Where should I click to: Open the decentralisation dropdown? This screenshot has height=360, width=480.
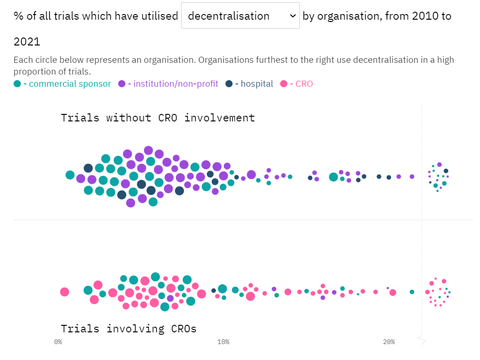click(x=240, y=15)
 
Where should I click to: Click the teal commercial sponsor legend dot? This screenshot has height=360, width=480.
click(x=17, y=84)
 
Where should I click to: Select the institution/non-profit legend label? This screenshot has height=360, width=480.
click(x=175, y=84)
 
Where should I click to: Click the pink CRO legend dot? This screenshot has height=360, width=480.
click(x=283, y=84)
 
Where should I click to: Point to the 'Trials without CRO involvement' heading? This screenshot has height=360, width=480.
click(x=158, y=118)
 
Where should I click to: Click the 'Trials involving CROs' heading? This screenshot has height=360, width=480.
click(x=129, y=329)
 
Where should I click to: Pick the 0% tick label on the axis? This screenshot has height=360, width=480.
click(x=58, y=342)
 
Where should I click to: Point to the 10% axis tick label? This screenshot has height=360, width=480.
click(x=223, y=342)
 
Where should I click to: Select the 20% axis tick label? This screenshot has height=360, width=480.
click(x=389, y=342)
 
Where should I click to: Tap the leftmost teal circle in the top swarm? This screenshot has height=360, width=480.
click(x=70, y=175)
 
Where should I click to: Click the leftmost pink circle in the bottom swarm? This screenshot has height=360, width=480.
click(x=65, y=292)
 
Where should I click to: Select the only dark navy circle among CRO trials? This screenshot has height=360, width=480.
click(x=213, y=291)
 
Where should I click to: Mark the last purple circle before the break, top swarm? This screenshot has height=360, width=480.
click(x=412, y=177)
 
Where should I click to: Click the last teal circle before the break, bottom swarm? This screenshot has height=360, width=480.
click(x=412, y=292)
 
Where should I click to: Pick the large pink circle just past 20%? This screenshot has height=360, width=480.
click(x=393, y=292)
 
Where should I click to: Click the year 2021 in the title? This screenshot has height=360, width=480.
click(x=27, y=42)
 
